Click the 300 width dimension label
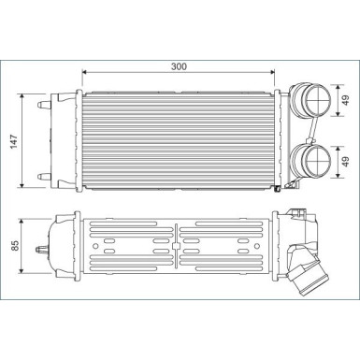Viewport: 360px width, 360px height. (x=179, y=66)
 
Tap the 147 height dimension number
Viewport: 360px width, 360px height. (x=15, y=141)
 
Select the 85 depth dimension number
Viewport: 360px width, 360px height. (x=15, y=245)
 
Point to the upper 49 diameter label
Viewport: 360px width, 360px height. (x=346, y=100)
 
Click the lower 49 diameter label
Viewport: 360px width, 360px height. (x=346, y=161)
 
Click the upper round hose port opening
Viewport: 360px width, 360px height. (x=317, y=100)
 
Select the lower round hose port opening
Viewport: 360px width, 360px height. (x=317, y=162)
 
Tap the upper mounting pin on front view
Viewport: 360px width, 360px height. (x=44, y=105)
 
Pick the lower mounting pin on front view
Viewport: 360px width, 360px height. (x=44, y=177)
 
